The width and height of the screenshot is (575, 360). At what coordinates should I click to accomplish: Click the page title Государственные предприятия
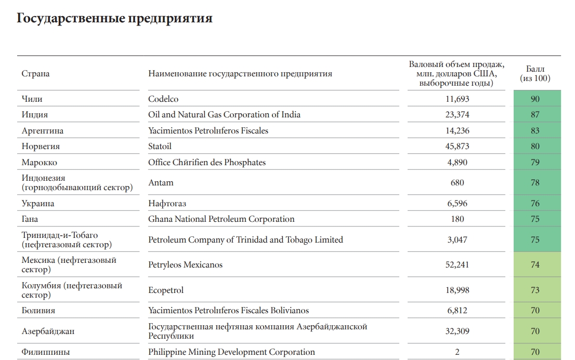point(114,19)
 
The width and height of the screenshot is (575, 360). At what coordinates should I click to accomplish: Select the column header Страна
point(36,74)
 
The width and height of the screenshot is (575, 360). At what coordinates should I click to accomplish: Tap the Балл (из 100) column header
point(535,74)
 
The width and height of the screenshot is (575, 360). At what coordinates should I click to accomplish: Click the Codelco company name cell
point(163,99)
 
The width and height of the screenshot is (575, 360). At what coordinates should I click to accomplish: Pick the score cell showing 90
point(535,99)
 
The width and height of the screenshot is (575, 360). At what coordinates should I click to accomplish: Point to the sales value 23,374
point(457,115)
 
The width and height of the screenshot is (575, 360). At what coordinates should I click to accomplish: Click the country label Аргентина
point(43,131)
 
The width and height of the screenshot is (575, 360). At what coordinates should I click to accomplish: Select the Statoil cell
point(160,146)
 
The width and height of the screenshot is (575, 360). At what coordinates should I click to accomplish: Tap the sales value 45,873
point(457,146)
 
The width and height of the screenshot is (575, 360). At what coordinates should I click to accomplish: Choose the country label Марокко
point(40,163)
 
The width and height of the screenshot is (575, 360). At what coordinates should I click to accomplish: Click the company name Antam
point(161,183)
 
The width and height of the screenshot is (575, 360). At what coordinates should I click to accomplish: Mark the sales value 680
point(458,183)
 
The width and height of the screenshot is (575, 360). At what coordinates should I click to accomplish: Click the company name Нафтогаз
point(167,204)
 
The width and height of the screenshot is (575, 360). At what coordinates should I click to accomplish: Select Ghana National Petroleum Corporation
point(221,219)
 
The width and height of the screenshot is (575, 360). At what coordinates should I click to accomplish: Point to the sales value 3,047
point(457,240)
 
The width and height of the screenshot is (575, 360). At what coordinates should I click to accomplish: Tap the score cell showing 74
point(535,265)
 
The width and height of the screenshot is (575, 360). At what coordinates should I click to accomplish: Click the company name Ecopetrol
point(166,290)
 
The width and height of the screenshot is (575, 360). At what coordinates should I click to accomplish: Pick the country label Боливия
point(38,311)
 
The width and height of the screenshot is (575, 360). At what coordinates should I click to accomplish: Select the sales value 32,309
point(457,331)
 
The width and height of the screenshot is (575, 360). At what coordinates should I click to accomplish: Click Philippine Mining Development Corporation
point(231,352)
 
